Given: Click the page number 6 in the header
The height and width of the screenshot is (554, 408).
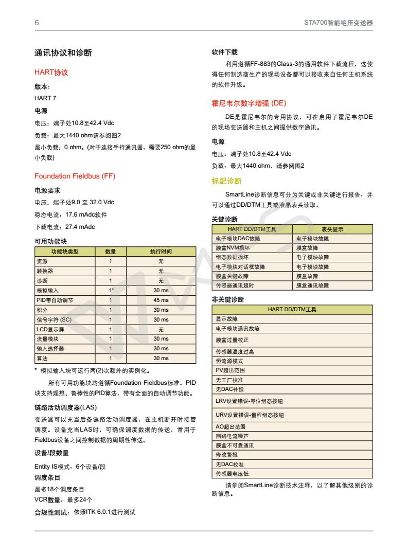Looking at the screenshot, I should [37, 23].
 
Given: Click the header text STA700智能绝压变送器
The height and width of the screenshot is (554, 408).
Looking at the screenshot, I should [339, 23].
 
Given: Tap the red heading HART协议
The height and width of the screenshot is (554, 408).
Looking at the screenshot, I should [51, 73].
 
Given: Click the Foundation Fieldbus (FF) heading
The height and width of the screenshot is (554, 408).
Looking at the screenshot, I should [75, 176].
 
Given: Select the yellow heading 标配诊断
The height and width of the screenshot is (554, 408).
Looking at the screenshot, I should [226, 181].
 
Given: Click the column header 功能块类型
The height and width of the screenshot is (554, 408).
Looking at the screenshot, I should [65, 252].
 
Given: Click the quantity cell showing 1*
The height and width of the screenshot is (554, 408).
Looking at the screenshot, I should [111, 291].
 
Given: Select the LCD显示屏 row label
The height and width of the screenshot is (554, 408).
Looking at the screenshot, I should [50, 329].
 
